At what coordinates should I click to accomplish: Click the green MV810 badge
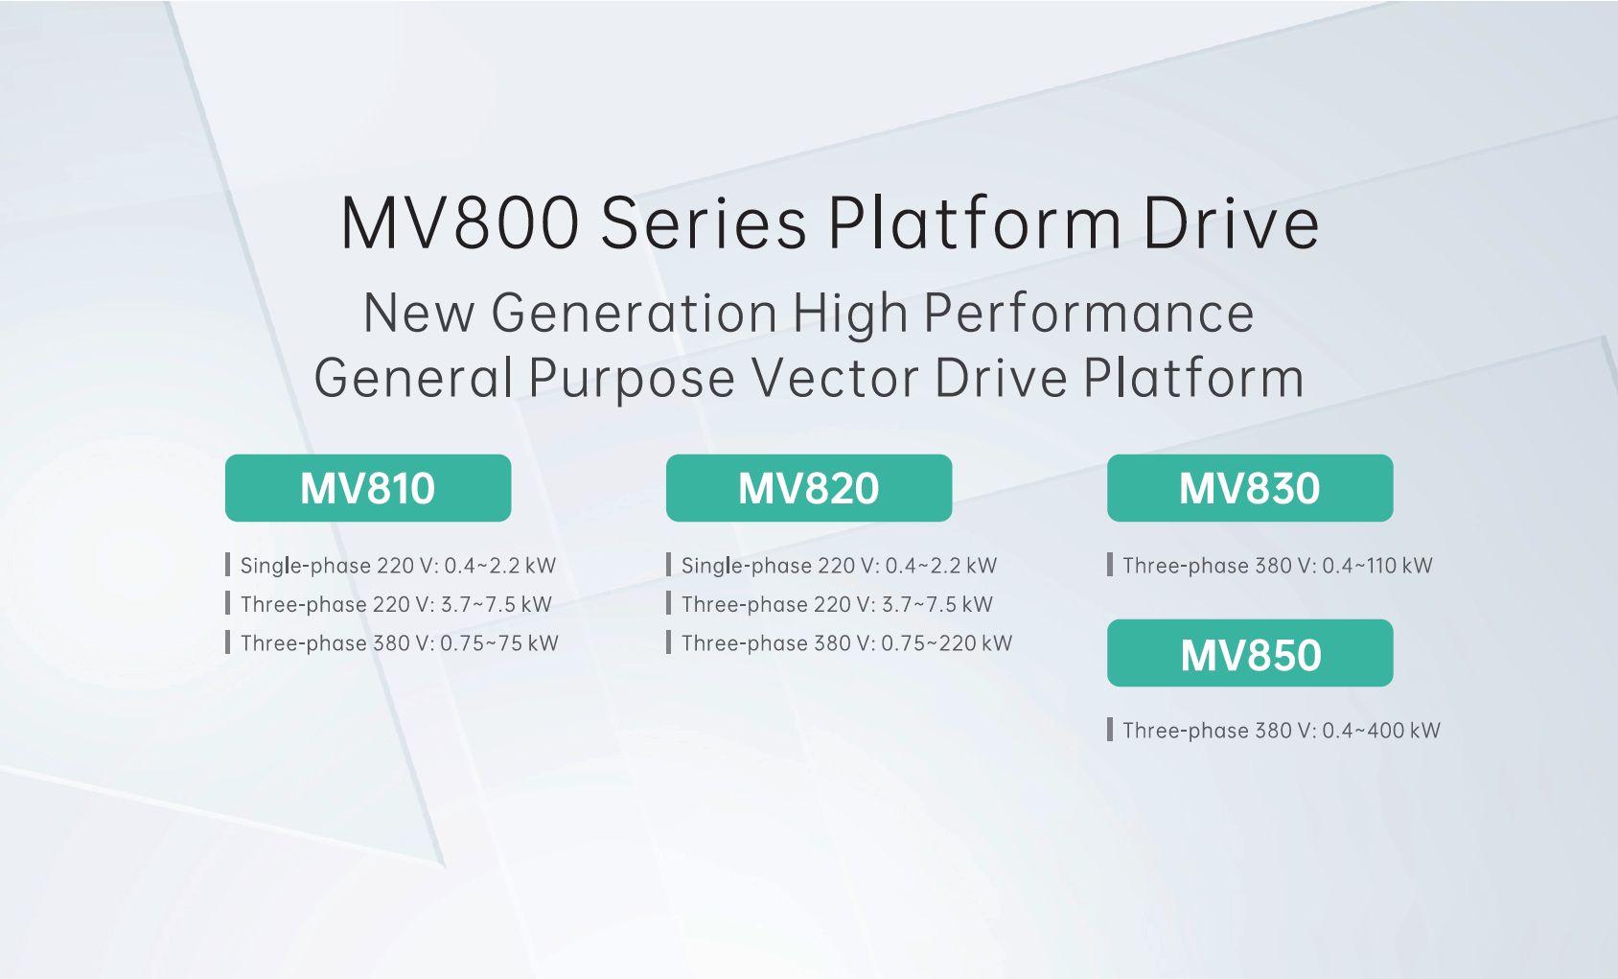point(368,488)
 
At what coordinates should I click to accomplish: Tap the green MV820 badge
point(809,488)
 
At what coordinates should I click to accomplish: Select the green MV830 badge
point(1250,488)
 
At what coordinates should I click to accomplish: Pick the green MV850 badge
point(1250,652)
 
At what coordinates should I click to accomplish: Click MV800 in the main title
point(460,223)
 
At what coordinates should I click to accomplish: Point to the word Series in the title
point(703,223)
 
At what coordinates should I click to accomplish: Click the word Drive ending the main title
point(1231,223)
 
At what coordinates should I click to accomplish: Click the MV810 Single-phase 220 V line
point(398,565)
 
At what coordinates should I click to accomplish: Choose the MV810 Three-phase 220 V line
point(396,604)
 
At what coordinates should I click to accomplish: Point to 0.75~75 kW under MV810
point(499,643)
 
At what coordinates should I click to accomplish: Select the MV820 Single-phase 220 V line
point(839,565)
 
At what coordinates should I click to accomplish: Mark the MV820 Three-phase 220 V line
point(837,604)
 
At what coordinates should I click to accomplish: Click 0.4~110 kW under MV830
point(1376,565)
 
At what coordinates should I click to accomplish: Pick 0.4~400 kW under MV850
point(1381,731)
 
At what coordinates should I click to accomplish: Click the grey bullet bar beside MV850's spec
point(1109,730)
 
